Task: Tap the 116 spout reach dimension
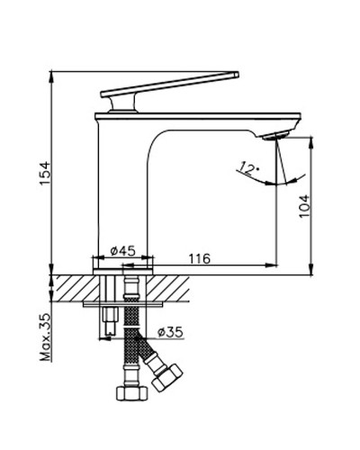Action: coord(199,258)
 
